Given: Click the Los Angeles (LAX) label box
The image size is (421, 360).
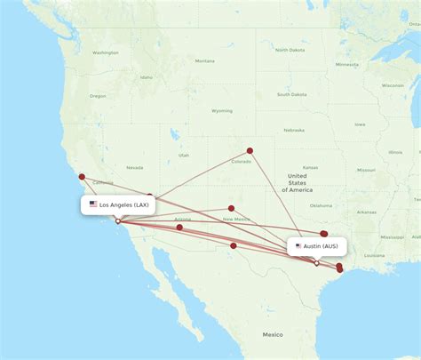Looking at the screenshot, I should point(119,204).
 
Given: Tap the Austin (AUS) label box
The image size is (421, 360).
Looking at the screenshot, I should point(316,246).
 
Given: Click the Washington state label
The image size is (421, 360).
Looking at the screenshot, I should point(105,52).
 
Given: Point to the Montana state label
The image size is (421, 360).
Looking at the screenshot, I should point(204,61).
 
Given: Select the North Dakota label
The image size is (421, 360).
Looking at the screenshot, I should point(290,50).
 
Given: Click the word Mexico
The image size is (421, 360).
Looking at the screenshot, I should point(272,334).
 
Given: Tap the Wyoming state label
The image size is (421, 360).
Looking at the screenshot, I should point(222,111).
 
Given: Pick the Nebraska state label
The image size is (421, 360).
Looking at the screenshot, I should point(294,130).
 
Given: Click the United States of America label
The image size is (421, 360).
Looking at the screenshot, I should point(297,183).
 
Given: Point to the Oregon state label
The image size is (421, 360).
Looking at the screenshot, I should point(98,96).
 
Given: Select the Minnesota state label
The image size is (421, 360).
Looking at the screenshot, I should point(346,65).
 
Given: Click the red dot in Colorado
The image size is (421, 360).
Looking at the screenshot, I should point(250,150).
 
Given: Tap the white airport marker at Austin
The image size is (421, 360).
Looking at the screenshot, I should point(317,263).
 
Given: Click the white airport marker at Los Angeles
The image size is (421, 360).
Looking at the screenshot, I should point(117,221).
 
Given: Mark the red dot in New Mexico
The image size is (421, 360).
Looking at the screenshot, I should point(231,208).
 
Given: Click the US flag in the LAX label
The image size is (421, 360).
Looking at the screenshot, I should point(93,204).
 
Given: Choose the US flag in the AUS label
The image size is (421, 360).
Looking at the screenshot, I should point(298,246).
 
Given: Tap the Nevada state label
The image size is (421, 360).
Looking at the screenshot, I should point(135,167).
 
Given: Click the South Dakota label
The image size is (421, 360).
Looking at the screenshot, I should point(291,94).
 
